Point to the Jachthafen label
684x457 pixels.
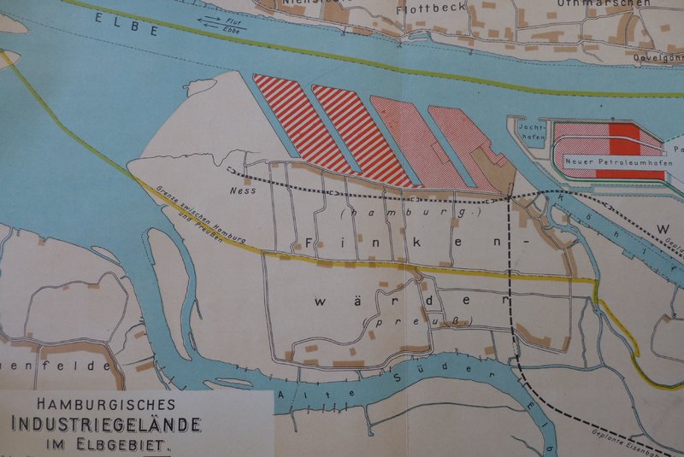532,129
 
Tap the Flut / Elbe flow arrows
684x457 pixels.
221,23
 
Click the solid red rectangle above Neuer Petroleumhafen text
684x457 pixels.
623,136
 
